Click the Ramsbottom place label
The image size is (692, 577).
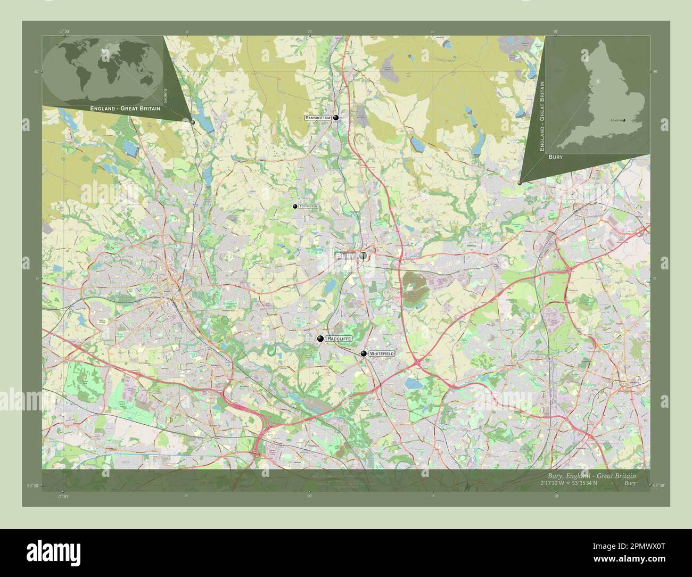coord(318,117)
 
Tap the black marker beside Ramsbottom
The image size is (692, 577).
coord(336,118)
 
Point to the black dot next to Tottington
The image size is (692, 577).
coord(295,206)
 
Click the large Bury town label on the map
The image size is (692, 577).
coord(345,256)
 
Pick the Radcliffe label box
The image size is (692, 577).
coord(339,339)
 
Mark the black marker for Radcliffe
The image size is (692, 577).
coord(320,339)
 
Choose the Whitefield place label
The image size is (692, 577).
coord(382,353)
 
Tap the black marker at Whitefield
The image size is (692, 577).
coord(364,353)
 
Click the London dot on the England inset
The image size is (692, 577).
coord(624,120)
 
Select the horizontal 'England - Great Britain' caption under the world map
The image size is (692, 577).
coord(125,108)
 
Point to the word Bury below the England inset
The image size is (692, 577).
coord(555,158)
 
